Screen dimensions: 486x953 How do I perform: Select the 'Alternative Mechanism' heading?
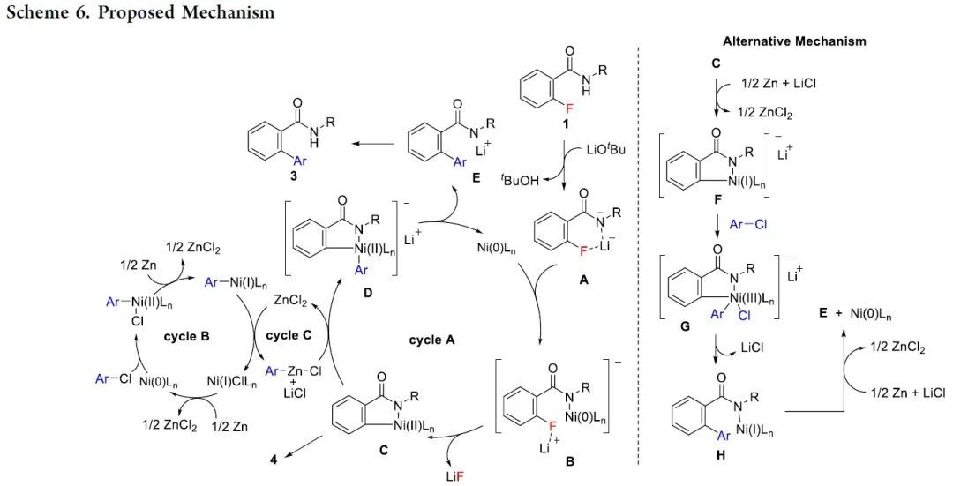(x=793, y=41)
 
